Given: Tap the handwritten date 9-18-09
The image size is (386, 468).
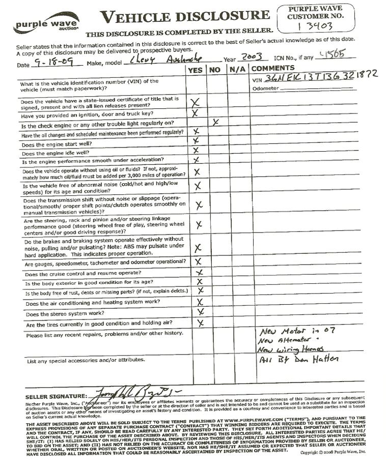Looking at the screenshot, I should (51, 62).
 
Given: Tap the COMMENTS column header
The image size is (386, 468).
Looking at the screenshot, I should (272, 68).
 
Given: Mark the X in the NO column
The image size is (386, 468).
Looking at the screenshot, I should (216, 122).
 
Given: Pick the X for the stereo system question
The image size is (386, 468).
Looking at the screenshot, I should (201, 311).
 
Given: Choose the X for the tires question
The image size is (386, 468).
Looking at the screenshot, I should (200, 323).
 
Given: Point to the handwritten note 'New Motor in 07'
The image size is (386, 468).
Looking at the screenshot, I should (297, 331).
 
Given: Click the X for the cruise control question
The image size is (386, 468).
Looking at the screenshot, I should (200, 272).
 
